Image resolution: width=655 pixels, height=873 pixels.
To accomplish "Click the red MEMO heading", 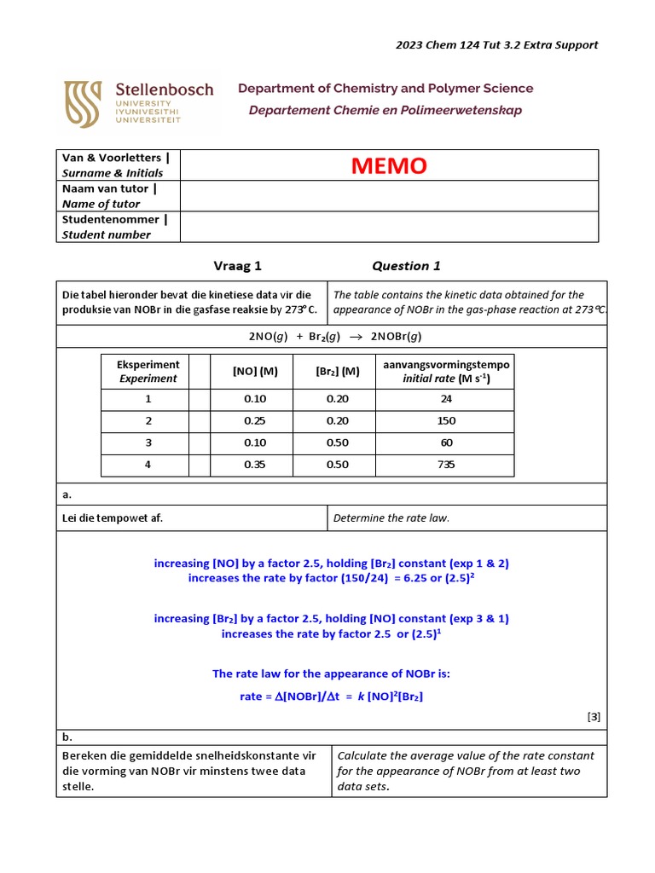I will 388,165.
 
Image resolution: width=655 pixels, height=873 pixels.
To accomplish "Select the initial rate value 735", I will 445,465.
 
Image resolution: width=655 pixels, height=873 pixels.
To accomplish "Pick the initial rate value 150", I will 445,420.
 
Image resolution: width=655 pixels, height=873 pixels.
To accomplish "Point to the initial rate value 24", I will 445,398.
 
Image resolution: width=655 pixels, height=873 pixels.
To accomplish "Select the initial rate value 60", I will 445,442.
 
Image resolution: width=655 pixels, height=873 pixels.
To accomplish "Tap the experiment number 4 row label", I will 148,465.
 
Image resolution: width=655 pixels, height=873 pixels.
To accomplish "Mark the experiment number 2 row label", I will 148,420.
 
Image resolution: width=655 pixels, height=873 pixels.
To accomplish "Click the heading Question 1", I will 406,266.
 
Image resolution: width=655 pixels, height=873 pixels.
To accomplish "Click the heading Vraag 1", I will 237,266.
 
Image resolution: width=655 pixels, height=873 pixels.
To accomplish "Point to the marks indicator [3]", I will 594,717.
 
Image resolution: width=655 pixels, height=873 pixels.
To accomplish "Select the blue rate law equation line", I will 331,697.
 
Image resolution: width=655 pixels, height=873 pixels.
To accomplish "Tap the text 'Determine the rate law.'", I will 391,517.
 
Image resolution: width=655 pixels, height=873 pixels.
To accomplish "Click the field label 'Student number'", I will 106,234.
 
